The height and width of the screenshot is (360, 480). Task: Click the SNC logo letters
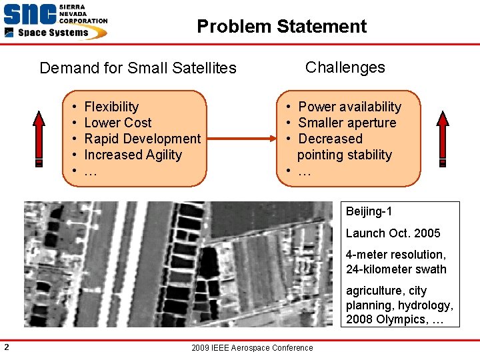(x=29, y=14)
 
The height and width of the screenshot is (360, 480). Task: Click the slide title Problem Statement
(x=281, y=27)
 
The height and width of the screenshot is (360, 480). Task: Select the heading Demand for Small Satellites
(x=138, y=68)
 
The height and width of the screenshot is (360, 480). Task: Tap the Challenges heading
(x=345, y=67)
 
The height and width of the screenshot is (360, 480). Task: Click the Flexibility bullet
(x=111, y=107)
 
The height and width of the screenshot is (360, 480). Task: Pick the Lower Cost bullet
(x=118, y=123)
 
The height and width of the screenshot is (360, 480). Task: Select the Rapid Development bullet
(x=142, y=139)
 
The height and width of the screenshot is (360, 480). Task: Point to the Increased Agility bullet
(x=133, y=155)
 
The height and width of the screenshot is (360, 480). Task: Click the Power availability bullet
(x=349, y=107)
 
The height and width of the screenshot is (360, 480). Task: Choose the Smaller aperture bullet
(x=347, y=123)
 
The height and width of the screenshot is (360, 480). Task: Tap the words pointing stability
(x=345, y=155)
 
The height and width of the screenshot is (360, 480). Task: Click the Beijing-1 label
(x=369, y=212)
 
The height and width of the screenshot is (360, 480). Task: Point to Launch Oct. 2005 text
(x=393, y=233)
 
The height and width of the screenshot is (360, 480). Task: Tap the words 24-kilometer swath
(x=396, y=269)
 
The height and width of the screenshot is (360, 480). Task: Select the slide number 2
(x=6, y=346)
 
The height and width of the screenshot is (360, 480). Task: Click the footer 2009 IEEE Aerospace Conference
(x=251, y=348)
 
